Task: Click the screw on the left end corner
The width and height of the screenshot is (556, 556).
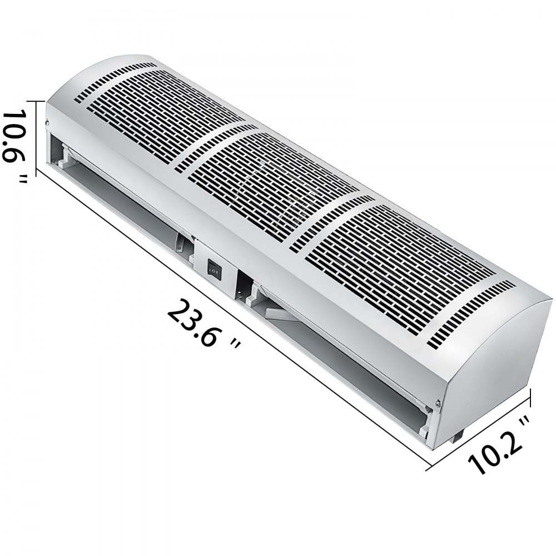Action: pyautogui.click(x=47, y=121)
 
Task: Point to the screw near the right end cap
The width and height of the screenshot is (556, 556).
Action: pyautogui.click(x=439, y=403)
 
